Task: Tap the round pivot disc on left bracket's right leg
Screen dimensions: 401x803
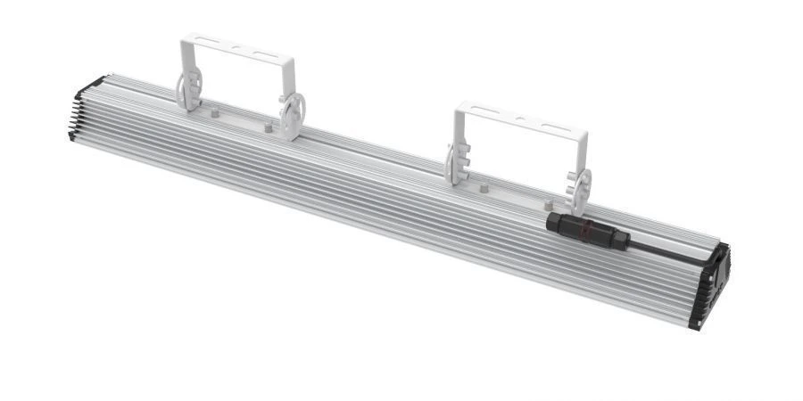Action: coord(293,115)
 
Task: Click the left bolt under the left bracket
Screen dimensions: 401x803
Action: coord(217,114)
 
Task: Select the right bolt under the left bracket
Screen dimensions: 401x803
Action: coord(268,127)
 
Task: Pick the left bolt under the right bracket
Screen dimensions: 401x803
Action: coord(482,189)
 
